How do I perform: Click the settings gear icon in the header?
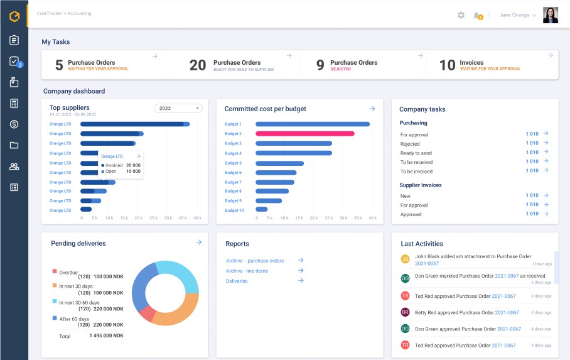(461, 15)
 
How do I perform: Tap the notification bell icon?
(477, 15)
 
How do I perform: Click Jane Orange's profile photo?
(551, 15)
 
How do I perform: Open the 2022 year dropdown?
(178, 108)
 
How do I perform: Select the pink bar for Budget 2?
(304, 134)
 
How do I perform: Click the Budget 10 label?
(234, 210)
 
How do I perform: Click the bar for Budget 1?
(312, 124)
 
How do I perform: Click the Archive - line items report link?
(247, 271)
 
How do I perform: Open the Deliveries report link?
(237, 281)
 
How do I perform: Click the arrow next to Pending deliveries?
(198, 243)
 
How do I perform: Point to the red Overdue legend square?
(55, 271)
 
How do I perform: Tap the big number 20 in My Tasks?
(198, 65)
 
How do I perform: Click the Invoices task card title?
(471, 62)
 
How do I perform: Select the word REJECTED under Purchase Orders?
(341, 69)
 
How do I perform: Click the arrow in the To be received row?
(546, 161)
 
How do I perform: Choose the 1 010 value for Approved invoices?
(532, 214)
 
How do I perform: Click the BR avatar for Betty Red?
(406, 312)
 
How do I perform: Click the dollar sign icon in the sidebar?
(14, 124)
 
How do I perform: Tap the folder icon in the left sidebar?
(14, 145)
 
